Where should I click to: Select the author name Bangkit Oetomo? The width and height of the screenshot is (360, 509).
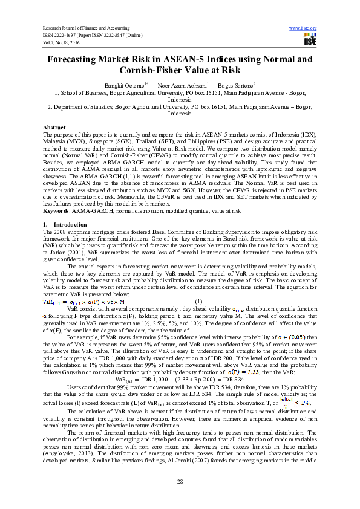125,85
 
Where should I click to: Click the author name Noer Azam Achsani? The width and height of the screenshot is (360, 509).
182,85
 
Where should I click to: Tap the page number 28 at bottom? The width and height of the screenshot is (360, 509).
180,481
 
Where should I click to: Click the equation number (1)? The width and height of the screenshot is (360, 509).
198,301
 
